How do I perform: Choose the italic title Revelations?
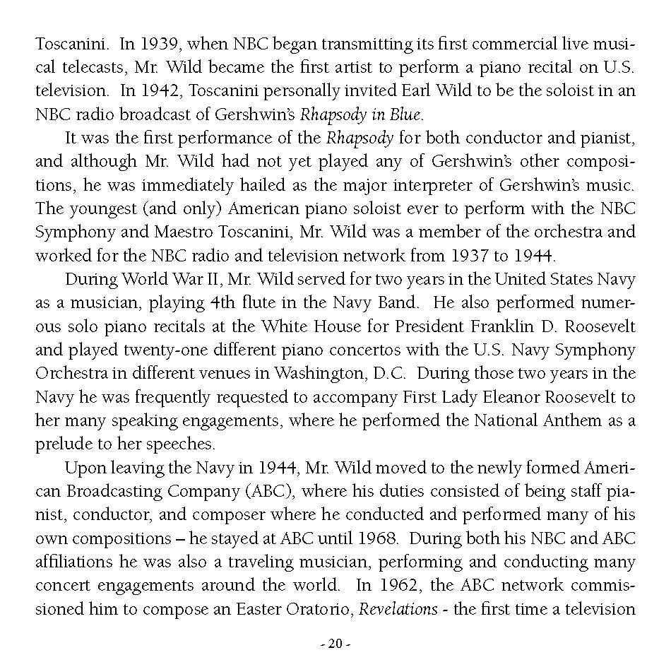point(398,608)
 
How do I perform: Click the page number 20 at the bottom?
point(335,644)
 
